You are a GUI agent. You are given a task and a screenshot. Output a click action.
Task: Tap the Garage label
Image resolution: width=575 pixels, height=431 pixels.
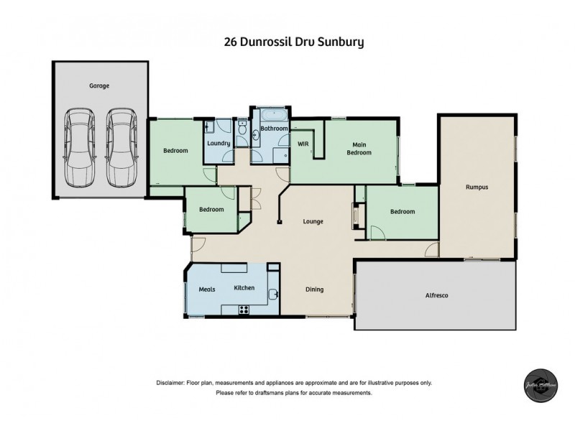(98, 85)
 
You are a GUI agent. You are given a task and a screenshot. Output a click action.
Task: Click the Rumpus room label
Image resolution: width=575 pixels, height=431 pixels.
(476, 187)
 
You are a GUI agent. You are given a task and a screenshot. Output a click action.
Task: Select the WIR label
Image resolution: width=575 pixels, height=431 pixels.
(303, 144)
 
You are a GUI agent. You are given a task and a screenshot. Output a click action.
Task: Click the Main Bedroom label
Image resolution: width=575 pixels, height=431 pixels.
(359, 148)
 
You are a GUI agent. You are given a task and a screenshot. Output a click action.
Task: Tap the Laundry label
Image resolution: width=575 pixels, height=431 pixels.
(218, 143)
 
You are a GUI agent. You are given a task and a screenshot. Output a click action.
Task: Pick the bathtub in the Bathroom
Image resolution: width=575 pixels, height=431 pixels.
(274, 116)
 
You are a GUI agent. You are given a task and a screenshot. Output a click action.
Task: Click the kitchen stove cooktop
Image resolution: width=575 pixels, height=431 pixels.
(244, 310)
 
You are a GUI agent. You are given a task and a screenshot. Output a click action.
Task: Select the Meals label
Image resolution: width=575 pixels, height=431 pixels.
(207, 289)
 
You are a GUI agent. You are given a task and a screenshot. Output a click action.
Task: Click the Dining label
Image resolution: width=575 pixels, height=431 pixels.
(314, 289)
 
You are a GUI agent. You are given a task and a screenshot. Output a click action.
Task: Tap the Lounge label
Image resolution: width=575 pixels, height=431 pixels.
(313, 221)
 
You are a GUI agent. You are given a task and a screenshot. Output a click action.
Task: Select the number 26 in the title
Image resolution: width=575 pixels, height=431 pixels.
(232, 42)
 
